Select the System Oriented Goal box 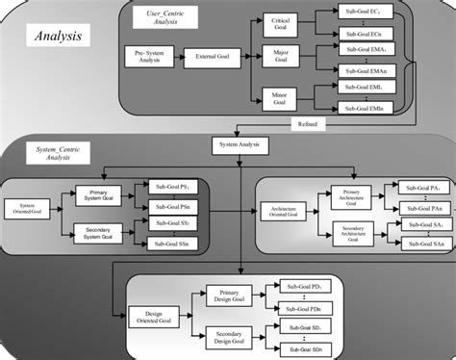pyautogui.click(x=26, y=208)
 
